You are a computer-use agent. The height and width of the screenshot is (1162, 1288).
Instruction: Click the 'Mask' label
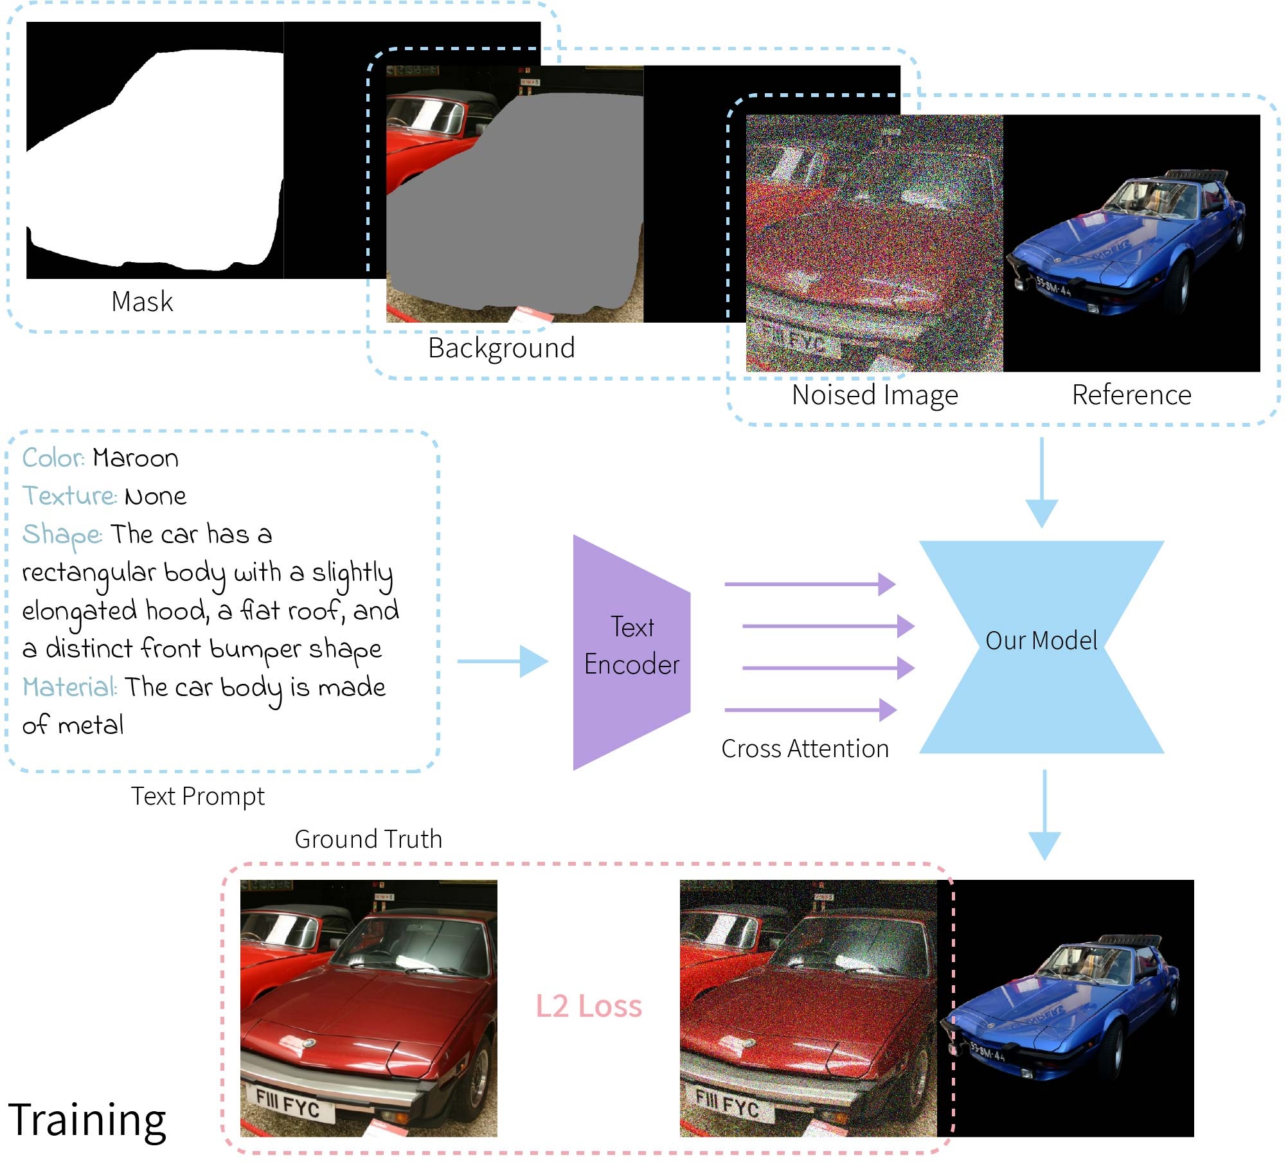point(142,301)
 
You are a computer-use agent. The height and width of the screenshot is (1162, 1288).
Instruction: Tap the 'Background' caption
point(501,348)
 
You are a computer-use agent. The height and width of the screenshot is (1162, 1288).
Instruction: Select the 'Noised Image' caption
point(875,395)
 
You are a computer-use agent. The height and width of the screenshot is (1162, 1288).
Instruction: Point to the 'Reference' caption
point(1131,395)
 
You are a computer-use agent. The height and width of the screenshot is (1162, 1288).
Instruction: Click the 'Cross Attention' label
point(805,749)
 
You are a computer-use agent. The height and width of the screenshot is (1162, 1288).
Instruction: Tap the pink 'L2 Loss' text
point(589,1006)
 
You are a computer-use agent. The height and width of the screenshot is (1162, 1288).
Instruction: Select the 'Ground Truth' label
point(368,839)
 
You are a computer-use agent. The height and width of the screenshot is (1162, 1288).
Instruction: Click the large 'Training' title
point(87,1120)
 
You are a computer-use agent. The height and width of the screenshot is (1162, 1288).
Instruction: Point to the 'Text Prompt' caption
point(198,796)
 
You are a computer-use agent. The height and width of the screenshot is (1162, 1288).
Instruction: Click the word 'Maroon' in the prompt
point(136,458)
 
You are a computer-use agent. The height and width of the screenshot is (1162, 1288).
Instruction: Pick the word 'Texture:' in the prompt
point(69,496)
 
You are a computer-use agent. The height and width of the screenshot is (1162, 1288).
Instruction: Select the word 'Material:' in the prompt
point(70,687)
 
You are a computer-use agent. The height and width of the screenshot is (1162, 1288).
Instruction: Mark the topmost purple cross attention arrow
point(810,584)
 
